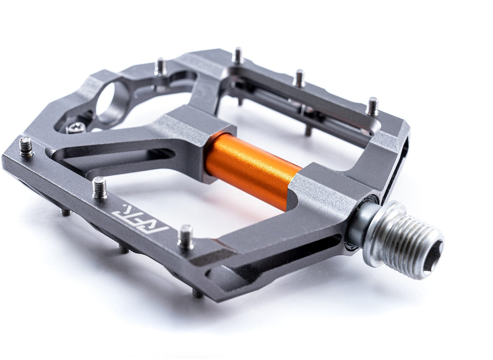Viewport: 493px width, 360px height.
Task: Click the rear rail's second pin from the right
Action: point(300,75)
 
